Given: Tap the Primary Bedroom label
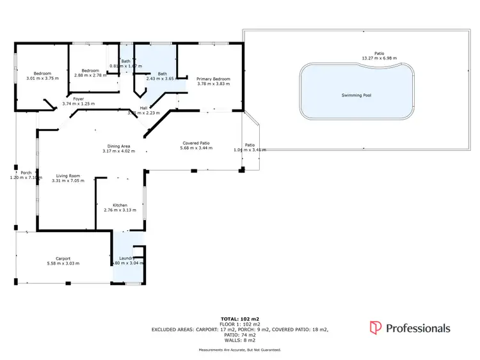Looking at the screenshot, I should pyautogui.click(x=213, y=79).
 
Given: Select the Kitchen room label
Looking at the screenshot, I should pyautogui.click(x=120, y=205).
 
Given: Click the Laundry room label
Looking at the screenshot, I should pyautogui.click(x=126, y=258).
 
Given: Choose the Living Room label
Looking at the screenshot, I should pyautogui.click(x=67, y=175).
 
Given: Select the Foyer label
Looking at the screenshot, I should pyautogui.click(x=79, y=99).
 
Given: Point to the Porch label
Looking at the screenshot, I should pyautogui.click(x=26, y=173).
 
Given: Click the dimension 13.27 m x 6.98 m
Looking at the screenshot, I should pyautogui.click(x=380, y=58).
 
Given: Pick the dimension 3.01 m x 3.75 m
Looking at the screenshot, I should pyautogui.click(x=42, y=79).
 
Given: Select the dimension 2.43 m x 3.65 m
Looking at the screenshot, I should pyautogui.click(x=163, y=79).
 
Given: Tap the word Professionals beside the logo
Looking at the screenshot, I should pyautogui.click(x=418, y=328).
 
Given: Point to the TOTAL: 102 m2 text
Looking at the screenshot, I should pyautogui.click(x=239, y=318).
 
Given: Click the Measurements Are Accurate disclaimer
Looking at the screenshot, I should pyautogui.click(x=239, y=350).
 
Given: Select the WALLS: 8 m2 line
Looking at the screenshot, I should pyautogui.click(x=239, y=340).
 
